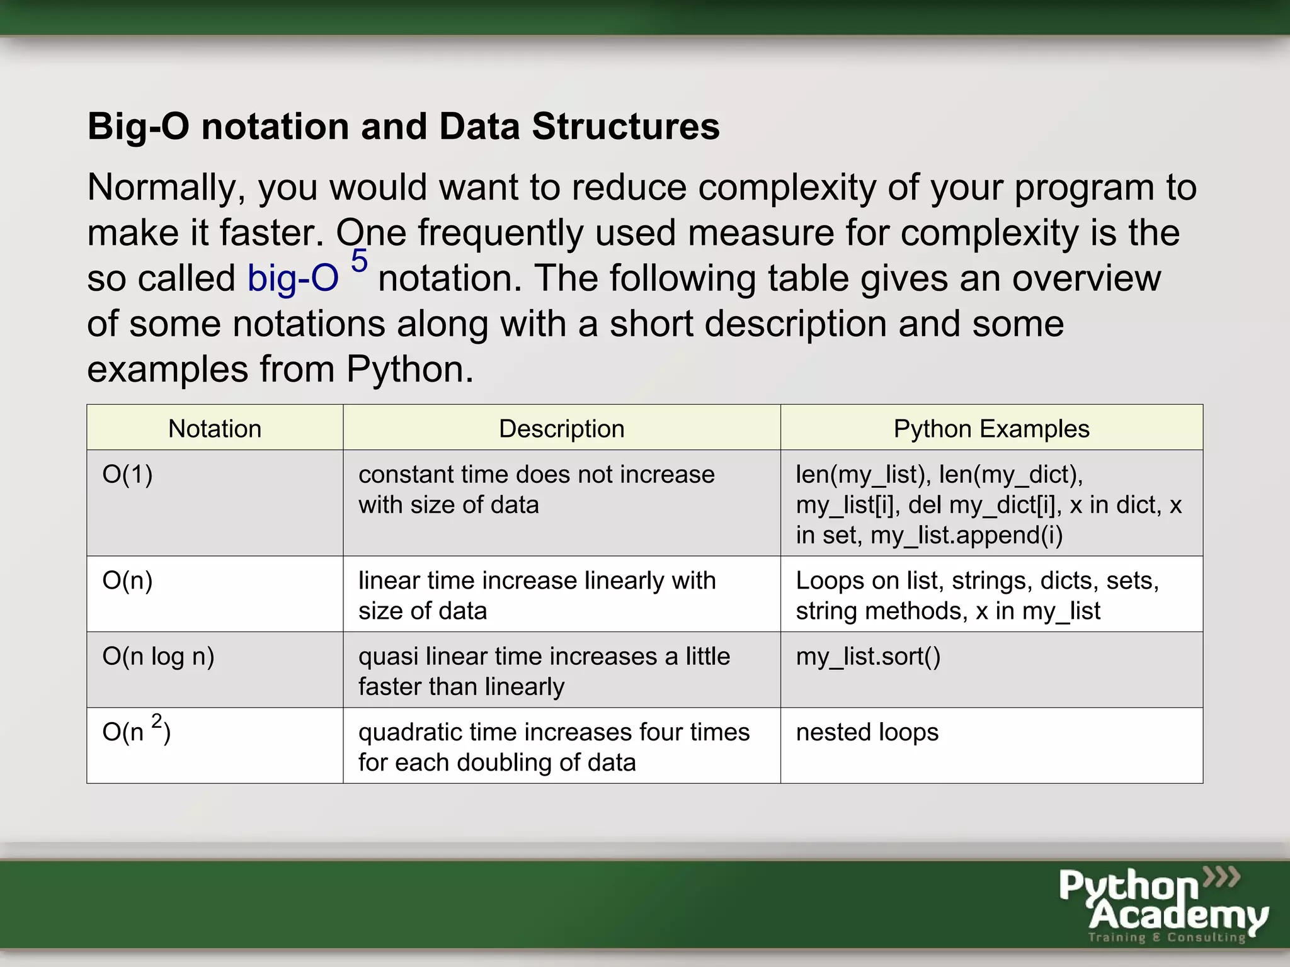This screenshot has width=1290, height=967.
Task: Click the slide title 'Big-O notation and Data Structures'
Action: tap(403, 127)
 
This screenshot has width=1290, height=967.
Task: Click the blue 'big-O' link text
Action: tap(293, 278)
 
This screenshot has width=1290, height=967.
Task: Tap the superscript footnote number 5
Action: tap(359, 261)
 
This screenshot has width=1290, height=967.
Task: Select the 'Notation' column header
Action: tap(215, 429)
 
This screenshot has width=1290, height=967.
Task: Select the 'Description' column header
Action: tap(561, 429)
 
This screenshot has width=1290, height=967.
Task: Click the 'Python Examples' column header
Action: tap(991, 429)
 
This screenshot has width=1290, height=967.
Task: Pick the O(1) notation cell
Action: tap(128, 475)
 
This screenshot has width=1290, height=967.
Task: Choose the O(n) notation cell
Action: tap(128, 580)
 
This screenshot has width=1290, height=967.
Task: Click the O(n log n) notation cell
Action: tap(159, 657)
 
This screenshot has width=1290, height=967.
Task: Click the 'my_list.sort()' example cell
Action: tap(868, 657)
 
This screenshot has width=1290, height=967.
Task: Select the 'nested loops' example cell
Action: tap(867, 732)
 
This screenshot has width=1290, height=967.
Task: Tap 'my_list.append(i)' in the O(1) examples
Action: tap(966, 536)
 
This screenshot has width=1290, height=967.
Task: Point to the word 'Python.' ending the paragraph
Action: tap(409, 370)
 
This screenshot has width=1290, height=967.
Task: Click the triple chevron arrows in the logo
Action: tap(1221, 876)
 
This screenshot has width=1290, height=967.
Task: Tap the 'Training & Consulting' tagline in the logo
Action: tap(1167, 937)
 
